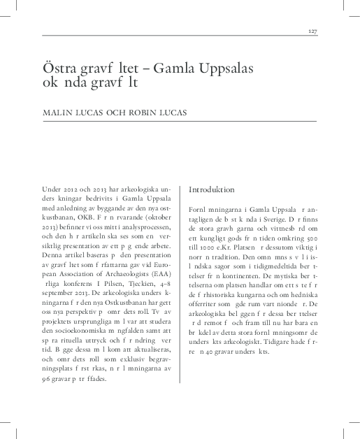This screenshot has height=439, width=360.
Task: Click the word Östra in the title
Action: click(x=59, y=68)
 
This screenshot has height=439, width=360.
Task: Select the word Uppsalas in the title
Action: click(x=225, y=68)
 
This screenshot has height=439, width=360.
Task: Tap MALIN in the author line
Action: click(x=58, y=112)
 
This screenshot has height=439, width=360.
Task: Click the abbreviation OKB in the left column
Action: click(x=93, y=218)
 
